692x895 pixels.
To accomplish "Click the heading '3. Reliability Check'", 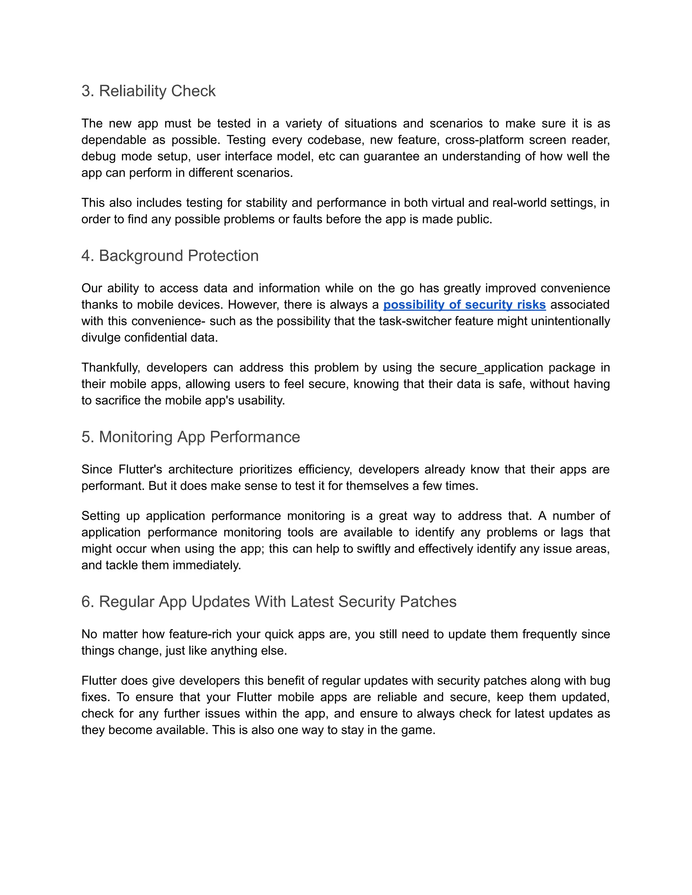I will [x=148, y=91].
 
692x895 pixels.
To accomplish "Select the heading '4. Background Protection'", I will [x=170, y=256].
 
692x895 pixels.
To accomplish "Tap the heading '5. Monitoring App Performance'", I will [x=191, y=437].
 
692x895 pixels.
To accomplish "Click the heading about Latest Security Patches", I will [x=269, y=602].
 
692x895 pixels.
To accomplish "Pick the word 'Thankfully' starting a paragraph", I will [x=110, y=367].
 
